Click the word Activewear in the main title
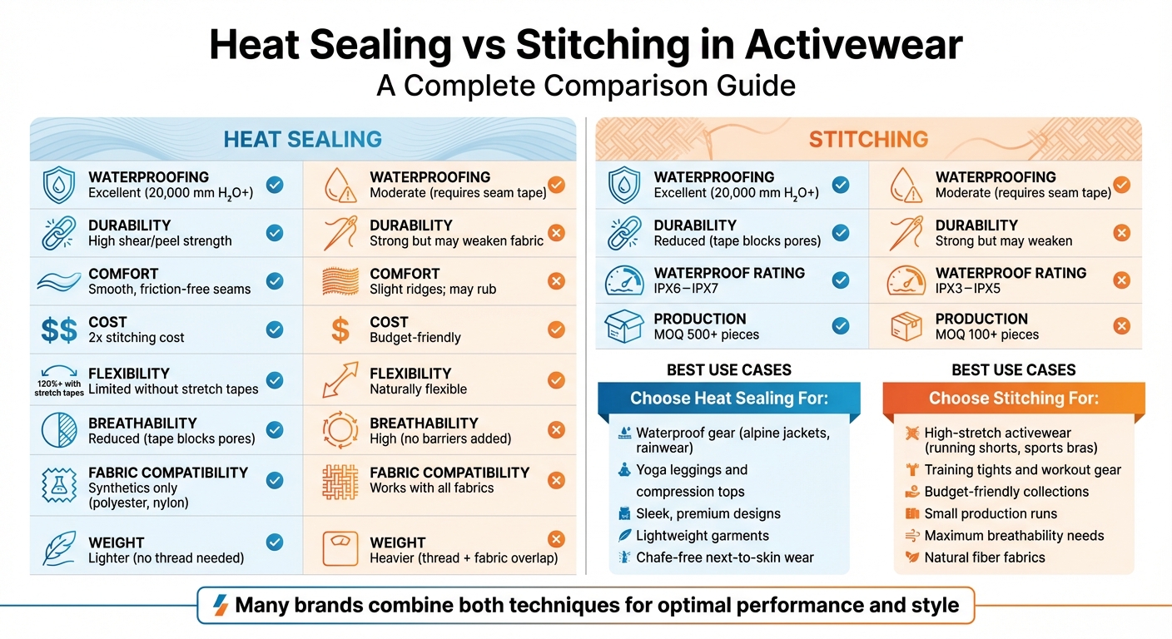[853, 45]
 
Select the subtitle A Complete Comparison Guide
[586, 85]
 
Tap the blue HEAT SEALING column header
[302, 139]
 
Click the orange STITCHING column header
[868, 139]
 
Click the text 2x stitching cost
[137, 338]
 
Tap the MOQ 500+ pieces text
[707, 334]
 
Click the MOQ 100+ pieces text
[987, 334]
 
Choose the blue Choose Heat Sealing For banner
[728, 398]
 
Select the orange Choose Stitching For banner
[1013, 398]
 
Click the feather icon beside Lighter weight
[59, 550]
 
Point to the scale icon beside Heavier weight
[340, 550]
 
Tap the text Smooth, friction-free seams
[170, 290]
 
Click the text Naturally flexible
[419, 389]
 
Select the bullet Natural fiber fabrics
[985, 557]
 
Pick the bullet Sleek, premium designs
[708, 513]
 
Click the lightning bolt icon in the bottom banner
[220, 605]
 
